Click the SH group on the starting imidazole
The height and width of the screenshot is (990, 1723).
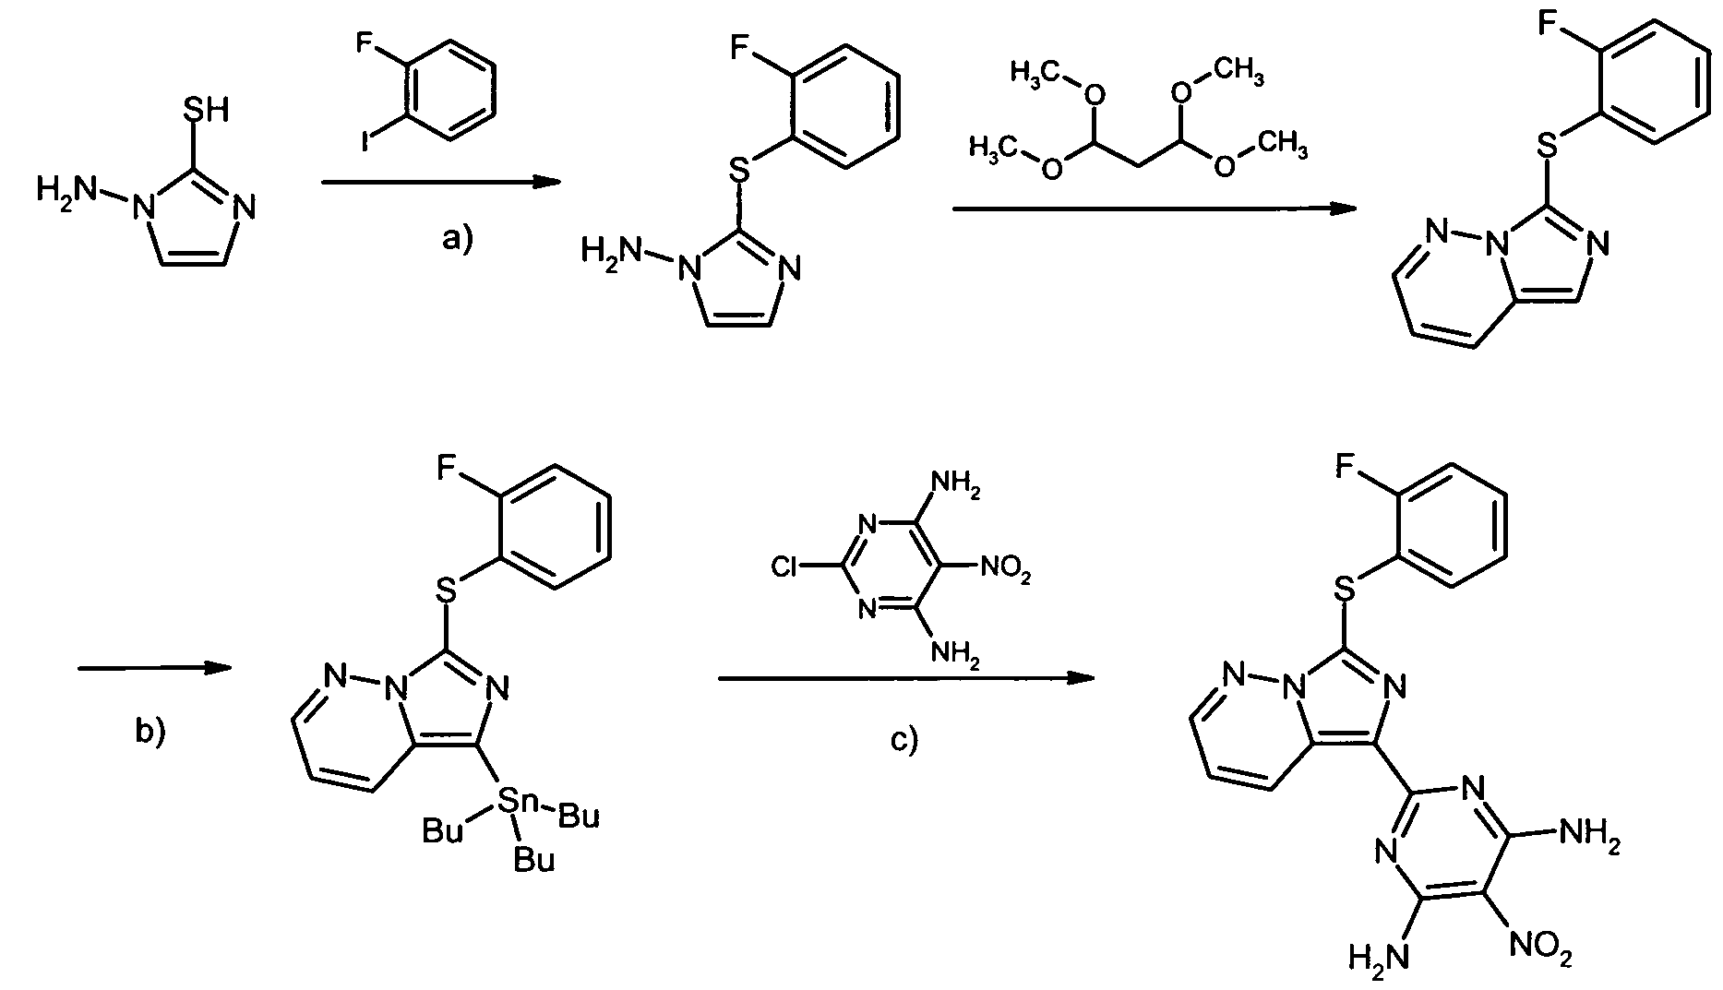[x=205, y=111]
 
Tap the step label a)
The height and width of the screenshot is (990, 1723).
[x=457, y=240]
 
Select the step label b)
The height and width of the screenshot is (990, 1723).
[x=150, y=731]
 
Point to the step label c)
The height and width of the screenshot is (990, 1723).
[x=904, y=739]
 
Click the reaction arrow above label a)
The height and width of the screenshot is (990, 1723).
[x=441, y=184]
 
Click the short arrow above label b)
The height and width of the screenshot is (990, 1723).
[x=154, y=668]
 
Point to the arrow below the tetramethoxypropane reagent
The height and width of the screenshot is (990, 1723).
[x=1155, y=209]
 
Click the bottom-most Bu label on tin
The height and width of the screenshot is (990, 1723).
[x=534, y=860]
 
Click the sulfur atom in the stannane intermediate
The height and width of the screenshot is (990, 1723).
[x=447, y=589]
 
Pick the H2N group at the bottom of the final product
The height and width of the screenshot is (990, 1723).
[x=1380, y=957]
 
